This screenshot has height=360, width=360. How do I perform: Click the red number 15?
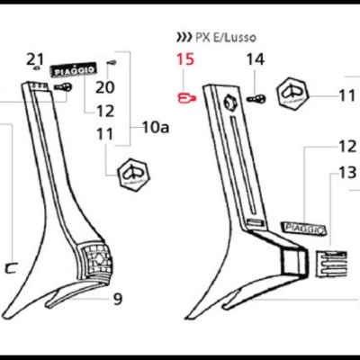click(x=185, y=59)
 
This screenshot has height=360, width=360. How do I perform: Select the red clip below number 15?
click(x=186, y=98)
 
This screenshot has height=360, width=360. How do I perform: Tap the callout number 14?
click(x=256, y=59)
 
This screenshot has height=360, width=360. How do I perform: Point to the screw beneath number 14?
click(x=256, y=98)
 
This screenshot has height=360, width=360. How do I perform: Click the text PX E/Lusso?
click(x=226, y=37)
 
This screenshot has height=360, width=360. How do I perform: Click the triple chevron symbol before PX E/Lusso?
click(x=184, y=37)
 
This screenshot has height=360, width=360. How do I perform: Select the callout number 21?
click(x=35, y=59)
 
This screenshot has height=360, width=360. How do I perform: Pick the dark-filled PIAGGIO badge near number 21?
click(x=73, y=71)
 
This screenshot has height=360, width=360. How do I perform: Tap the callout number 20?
click(x=105, y=87)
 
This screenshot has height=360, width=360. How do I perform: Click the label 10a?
click(x=156, y=128)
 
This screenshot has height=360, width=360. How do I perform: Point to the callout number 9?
click(x=118, y=299)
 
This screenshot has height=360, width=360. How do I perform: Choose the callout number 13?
click(x=347, y=172)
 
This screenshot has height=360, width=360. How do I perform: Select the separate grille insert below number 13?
click(x=331, y=264)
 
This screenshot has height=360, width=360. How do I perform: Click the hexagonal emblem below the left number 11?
click(x=133, y=174)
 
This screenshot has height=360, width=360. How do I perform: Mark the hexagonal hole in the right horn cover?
click(x=230, y=103)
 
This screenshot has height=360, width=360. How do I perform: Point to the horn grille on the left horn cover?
click(x=95, y=258)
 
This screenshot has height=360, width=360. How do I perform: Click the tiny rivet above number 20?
click(x=112, y=62)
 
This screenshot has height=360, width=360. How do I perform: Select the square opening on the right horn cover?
click(x=294, y=262)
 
